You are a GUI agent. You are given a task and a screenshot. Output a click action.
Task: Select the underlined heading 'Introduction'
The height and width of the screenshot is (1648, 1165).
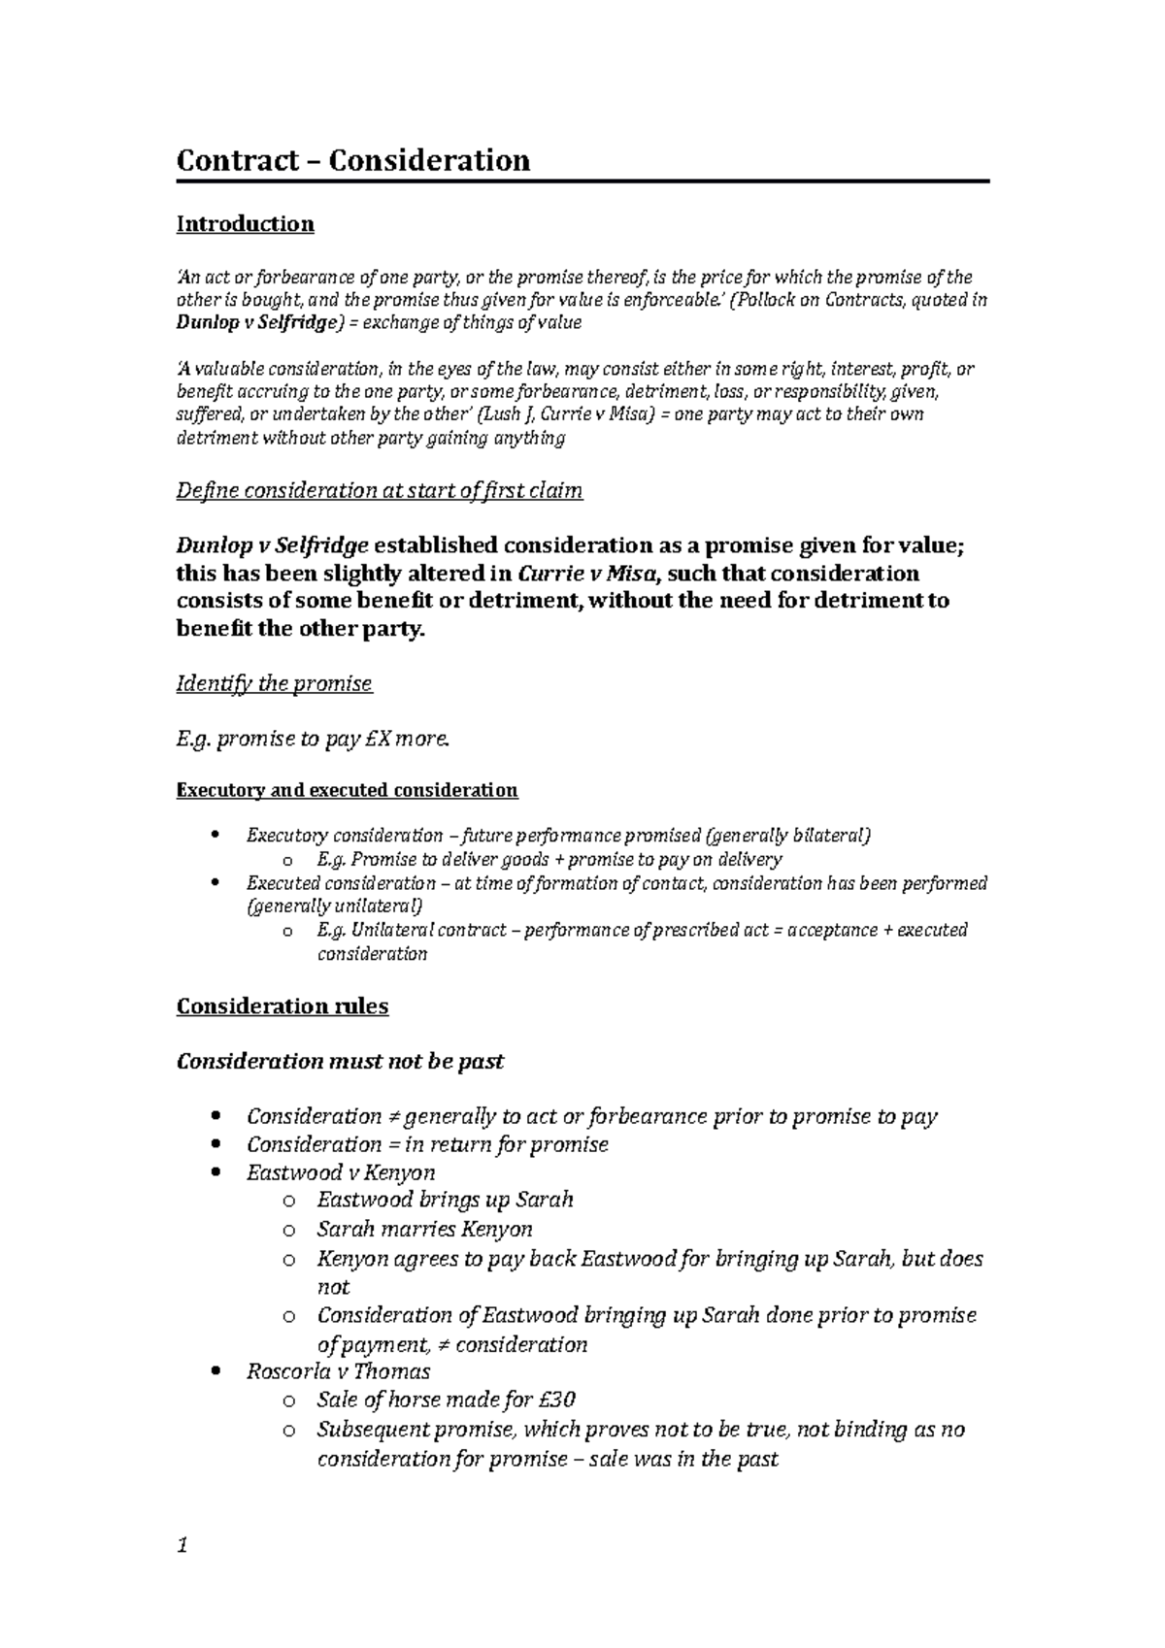[245, 224]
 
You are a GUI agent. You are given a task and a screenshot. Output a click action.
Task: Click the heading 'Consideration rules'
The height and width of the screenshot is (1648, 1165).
[282, 1006]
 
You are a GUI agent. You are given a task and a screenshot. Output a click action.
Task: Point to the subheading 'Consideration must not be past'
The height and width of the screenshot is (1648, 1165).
[340, 1062]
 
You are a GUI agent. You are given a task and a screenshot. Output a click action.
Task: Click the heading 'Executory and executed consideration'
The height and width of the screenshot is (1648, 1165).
[347, 790]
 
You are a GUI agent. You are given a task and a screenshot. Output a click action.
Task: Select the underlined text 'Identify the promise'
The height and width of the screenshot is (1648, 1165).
[274, 684]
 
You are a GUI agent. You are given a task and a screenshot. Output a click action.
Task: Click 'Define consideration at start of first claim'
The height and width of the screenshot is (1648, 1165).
[379, 491]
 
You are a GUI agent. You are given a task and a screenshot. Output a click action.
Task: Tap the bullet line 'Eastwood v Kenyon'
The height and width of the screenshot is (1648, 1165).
[340, 1173]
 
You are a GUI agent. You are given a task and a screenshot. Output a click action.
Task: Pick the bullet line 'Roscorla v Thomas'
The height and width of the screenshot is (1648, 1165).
[338, 1372]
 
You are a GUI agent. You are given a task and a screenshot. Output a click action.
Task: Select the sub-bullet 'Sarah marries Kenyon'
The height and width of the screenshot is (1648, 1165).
[424, 1230]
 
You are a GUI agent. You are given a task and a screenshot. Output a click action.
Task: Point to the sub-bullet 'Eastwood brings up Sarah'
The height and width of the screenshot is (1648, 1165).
[445, 1201]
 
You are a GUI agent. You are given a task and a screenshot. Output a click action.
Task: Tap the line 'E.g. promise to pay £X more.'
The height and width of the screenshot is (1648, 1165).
[314, 741]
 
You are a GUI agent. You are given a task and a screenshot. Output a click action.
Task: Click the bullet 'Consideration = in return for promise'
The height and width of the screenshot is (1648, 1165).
[427, 1145]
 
